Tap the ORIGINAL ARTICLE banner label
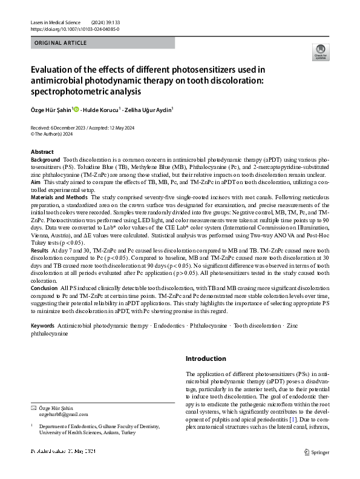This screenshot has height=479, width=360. tap(61, 44)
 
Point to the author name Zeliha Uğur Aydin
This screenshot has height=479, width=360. tap(148, 110)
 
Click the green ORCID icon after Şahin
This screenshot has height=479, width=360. tap(76, 110)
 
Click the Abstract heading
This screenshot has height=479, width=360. tap(42, 151)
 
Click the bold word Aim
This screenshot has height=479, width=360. tap(36, 181)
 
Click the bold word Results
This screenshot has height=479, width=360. tap(40, 249)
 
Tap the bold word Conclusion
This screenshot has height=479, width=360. tap(44, 288)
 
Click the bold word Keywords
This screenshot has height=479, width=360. tap(42, 326)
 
